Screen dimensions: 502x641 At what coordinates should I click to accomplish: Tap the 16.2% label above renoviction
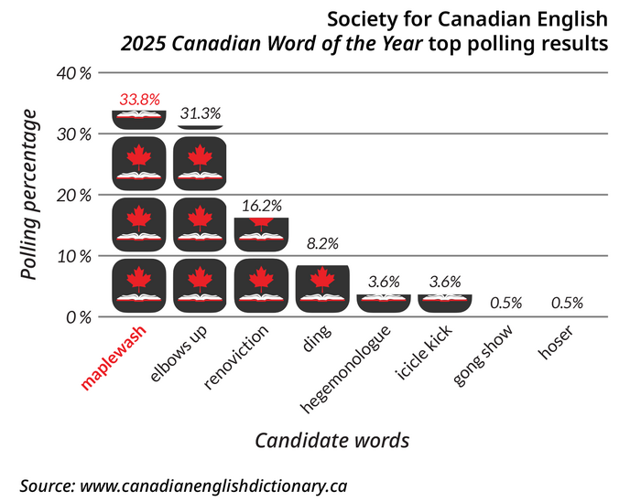[261, 206]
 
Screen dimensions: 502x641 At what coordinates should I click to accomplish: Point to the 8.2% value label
[322, 243]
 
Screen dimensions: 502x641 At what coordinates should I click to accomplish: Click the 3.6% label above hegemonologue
[384, 282]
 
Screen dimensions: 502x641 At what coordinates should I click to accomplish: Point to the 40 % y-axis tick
[74, 73]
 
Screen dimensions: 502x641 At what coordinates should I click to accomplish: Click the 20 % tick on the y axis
[74, 195]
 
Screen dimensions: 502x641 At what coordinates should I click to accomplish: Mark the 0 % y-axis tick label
[78, 317]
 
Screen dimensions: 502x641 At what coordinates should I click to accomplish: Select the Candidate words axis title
[331, 440]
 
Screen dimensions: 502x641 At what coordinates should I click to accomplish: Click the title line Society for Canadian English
[468, 18]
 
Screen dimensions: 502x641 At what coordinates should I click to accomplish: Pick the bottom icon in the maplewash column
[138, 284]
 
